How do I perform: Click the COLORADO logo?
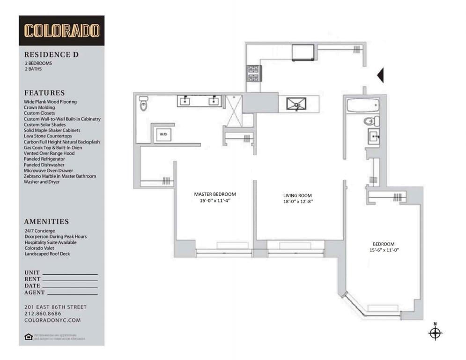coord(61,30)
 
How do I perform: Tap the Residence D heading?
coord(51,54)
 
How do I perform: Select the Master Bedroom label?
coord(215,194)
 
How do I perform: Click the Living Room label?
coord(297,195)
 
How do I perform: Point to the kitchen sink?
coord(296,104)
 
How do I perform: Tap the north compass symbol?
coord(435,332)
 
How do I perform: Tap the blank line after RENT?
coord(70,279)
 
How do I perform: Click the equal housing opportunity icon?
coord(29,336)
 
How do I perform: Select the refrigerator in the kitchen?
coord(303,52)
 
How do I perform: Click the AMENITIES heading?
coord(46,222)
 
